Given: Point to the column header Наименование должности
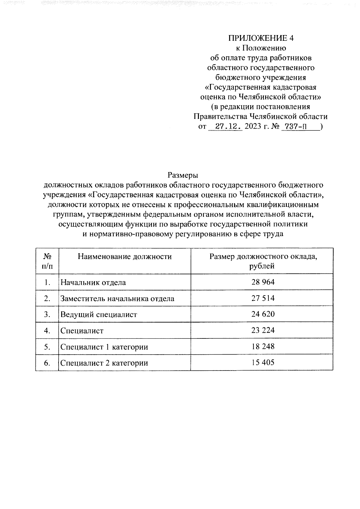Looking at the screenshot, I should coord(125,257).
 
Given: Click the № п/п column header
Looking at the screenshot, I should coord(47,261).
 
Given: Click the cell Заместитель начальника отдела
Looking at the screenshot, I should coord(117,299).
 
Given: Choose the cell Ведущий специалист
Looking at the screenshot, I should coord(99,315).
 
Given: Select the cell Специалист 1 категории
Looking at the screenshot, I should coord(104,347).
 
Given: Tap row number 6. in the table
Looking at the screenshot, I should coord(47,363).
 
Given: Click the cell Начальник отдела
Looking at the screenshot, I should coord(93,282).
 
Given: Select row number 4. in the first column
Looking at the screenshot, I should coord(47,331).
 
